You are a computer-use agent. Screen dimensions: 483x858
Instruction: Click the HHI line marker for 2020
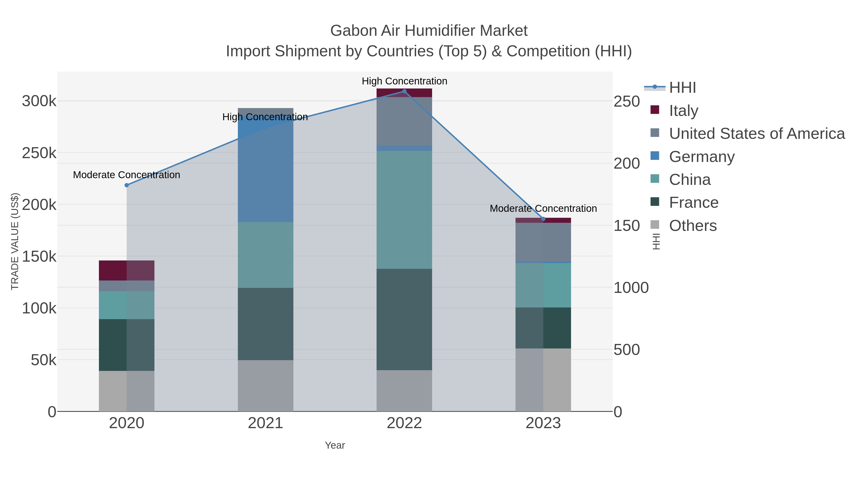(x=127, y=185)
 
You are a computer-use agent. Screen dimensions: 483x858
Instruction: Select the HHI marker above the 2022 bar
(x=404, y=91)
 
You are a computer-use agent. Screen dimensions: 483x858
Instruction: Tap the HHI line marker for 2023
(x=543, y=219)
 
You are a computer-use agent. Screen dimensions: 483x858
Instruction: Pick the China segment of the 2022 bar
(x=404, y=210)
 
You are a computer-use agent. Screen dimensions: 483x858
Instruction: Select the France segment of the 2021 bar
(x=266, y=324)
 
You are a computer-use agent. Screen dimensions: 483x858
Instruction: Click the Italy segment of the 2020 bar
(x=127, y=270)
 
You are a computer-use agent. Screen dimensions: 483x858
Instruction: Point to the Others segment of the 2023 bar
(x=543, y=380)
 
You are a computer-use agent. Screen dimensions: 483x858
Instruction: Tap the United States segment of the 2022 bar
(x=404, y=121)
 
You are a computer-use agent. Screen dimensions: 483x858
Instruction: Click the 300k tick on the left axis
(x=39, y=101)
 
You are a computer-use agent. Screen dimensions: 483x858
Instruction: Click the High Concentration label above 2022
(x=404, y=81)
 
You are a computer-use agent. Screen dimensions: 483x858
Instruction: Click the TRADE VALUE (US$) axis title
(x=15, y=241)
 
